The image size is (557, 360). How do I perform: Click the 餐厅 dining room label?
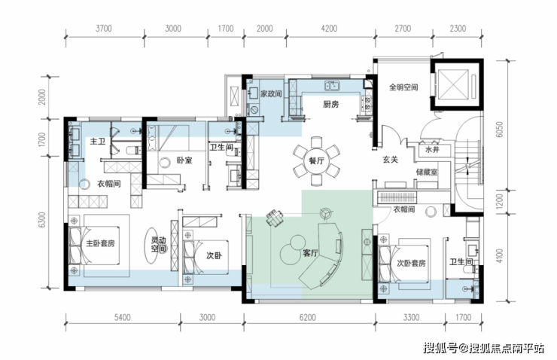[316, 161]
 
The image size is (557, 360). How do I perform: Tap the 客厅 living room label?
[310, 253]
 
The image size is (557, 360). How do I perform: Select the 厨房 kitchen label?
[330, 105]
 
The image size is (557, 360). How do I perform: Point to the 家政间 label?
[271, 94]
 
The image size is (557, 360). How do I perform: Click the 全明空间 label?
[403, 87]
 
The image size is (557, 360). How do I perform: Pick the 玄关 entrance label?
[390, 160]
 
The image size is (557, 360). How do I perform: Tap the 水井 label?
[432, 150]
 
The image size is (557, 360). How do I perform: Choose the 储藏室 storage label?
[427, 172]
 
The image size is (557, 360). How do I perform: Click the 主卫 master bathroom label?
[97, 142]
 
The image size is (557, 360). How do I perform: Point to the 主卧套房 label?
[101, 244]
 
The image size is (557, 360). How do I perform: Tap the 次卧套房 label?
[411, 264]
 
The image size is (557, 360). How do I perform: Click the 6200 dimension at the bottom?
[307, 317]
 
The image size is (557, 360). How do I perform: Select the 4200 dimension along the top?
[329, 29]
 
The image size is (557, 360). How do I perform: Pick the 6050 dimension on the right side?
[500, 130]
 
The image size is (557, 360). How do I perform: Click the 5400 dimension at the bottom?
[122, 317]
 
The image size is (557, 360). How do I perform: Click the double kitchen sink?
[332, 85]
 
